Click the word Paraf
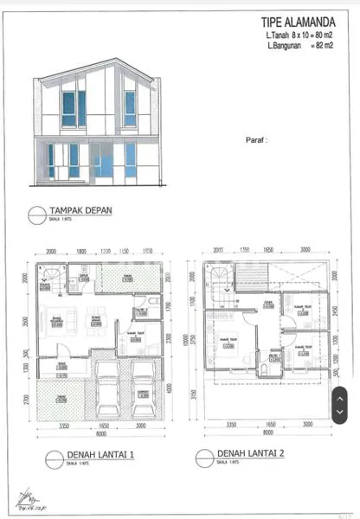(256, 138)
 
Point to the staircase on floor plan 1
(47, 279)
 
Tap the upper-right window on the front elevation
(130, 109)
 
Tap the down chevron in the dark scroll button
(340, 412)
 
